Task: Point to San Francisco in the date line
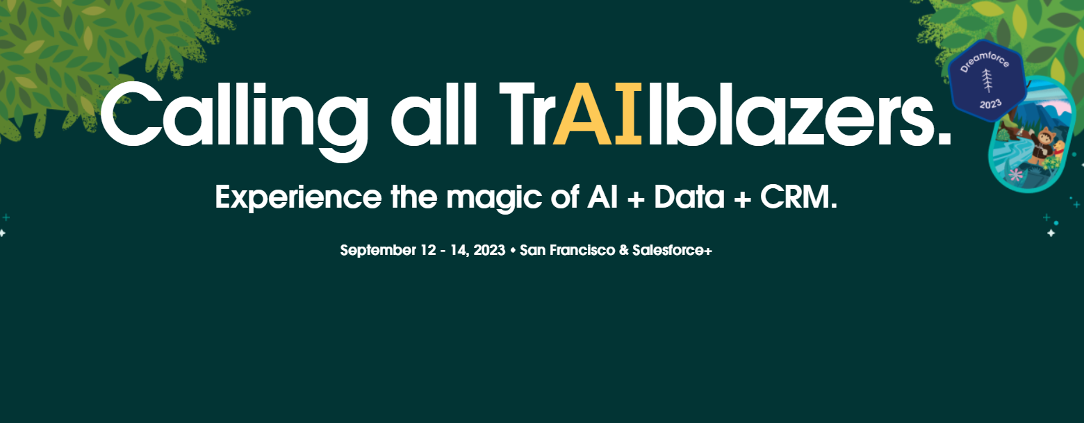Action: pyautogui.click(x=566, y=251)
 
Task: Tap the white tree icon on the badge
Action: pyautogui.click(x=987, y=80)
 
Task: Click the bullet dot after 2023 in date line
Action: pyautogui.click(x=513, y=251)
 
